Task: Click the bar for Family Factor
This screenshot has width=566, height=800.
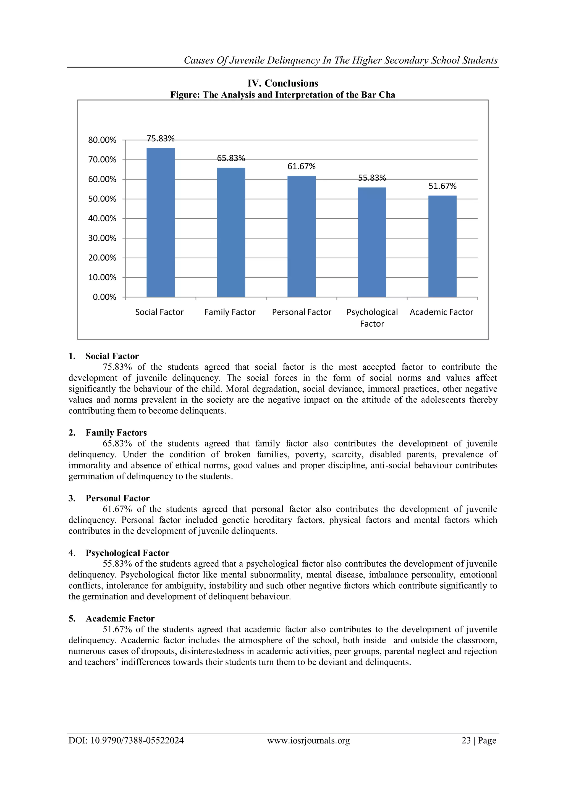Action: [x=231, y=232]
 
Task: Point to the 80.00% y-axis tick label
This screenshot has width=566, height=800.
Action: [x=102, y=140]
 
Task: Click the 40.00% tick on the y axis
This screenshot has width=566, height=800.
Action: [x=102, y=219]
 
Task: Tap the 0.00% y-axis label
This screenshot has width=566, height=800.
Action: [x=104, y=297]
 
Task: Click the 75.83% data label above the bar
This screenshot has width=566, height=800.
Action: [x=160, y=139]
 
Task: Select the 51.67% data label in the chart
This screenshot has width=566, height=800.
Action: [x=442, y=186]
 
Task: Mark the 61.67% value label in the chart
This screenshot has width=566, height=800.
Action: [x=302, y=167]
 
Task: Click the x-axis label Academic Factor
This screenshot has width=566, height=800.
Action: [x=441, y=312]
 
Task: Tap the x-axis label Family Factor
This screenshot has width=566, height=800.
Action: [x=230, y=312]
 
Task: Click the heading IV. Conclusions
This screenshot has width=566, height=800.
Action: [x=283, y=83]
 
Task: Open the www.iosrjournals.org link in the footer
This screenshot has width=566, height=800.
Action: [x=308, y=740]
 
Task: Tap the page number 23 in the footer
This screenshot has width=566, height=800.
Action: [x=466, y=740]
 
